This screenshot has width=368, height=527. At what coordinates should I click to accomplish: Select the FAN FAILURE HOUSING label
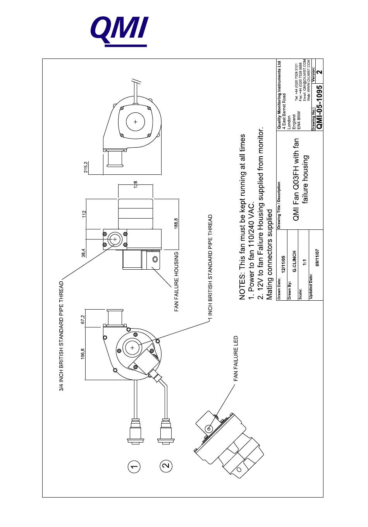(176, 281)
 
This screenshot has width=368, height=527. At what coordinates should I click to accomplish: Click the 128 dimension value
(136, 185)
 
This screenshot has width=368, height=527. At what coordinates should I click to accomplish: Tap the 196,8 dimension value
(83, 355)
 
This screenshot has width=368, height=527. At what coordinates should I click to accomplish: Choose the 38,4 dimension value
(83, 253)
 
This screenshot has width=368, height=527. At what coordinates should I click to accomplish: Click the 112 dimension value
(83, 214)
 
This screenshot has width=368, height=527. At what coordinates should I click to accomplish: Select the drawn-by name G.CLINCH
(295, 262)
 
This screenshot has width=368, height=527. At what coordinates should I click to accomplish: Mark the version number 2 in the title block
(319, 71)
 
